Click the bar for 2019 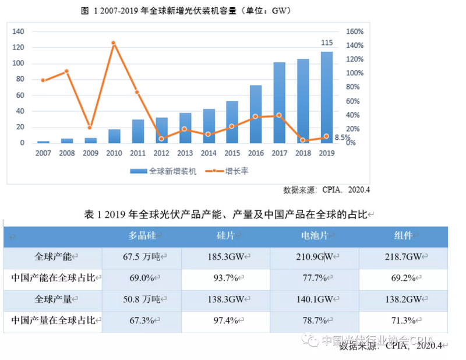(x=327, y=97)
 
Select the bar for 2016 (x=256, y=114)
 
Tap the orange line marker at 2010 (x=114, y=43)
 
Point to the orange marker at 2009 (x=90, y=127)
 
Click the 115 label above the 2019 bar (x=327, y=43)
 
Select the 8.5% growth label (x=343, y=138)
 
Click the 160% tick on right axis (x=355, y=31)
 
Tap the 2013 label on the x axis (x=185, y=153)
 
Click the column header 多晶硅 (x=143, y=235)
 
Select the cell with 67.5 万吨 (x=143, y=256)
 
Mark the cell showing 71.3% (x=403, y=320)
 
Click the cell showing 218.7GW (x=403, y=256)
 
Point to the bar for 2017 (x=280, y=103)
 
